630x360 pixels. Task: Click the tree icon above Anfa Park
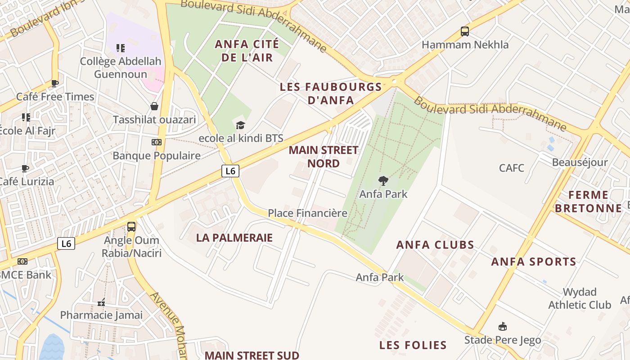click(x=383, y=181)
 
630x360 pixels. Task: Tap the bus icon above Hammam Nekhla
click(x=465, y=31)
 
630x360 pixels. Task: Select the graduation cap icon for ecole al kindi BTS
click(x=241, y=125)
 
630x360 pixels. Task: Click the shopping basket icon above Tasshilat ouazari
click(x=154, y=106)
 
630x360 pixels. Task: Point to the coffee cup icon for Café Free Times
click(x=55, y=83)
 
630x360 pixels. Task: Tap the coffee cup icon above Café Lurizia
click(x=25, y=169)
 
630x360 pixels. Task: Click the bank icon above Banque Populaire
click(x=156, y=142)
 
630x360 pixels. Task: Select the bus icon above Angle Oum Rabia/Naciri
click(x=131, y=227)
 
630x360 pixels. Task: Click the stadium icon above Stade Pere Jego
click(x=503, y=327)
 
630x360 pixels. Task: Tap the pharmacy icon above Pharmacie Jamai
click(x=101, y=302)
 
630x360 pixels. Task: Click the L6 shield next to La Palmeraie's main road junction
click(x=230, y=171)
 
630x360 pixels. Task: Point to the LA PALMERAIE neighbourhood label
click(x=234, y=238)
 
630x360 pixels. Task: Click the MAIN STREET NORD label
click(x=324, y=157)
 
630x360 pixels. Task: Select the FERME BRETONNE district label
click(x=588, y=202)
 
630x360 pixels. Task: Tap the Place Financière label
click(x=308, y=213)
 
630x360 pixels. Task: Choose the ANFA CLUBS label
click(x=435, y=245)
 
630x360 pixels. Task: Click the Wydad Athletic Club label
click(x=580, y=298)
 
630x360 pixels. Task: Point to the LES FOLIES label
click(x=413, y=346)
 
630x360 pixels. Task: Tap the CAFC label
click(x=512, y=168)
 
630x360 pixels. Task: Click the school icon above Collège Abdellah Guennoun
click(x=120, y=48)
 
